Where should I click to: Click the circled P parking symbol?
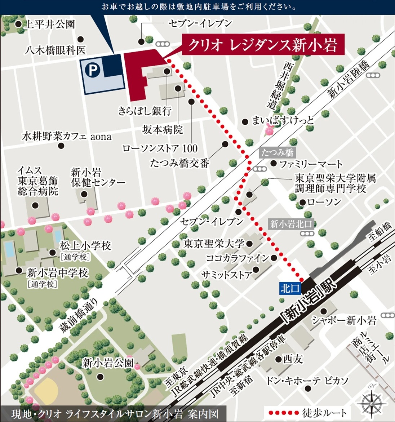point(93,71)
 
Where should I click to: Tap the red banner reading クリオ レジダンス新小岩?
point(263,45)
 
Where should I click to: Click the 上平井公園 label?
point(49,24)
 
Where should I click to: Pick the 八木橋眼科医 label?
point(55,50)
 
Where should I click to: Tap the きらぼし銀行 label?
point(145,111)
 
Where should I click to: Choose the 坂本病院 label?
point(163,129)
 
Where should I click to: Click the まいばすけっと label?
point(283,120)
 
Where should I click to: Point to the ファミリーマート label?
point(311,164)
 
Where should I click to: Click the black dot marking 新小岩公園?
point(100,377)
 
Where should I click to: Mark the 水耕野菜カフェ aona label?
point(67,137)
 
